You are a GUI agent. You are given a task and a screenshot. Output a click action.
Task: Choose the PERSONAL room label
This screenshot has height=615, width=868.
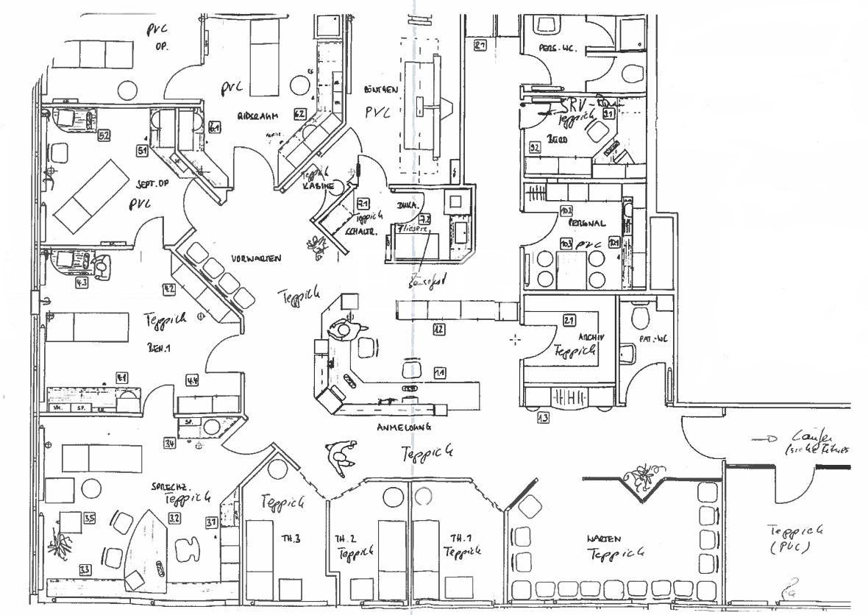[586, 222]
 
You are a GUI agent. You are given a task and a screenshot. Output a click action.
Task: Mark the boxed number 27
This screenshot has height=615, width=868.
[481, 46]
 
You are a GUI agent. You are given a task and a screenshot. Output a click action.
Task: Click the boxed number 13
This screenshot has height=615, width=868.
[543, 419]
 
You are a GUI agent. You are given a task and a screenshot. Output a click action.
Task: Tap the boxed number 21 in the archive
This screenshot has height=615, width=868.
[569, 320]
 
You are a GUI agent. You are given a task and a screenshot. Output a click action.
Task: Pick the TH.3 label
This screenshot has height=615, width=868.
[288, 538]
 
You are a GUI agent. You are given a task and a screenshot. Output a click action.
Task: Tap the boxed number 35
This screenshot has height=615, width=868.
[90, 518]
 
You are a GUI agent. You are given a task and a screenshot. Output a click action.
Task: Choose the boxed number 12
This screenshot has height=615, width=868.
[438, 329]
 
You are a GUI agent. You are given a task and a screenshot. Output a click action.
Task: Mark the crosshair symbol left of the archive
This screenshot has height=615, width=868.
[515, 339]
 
